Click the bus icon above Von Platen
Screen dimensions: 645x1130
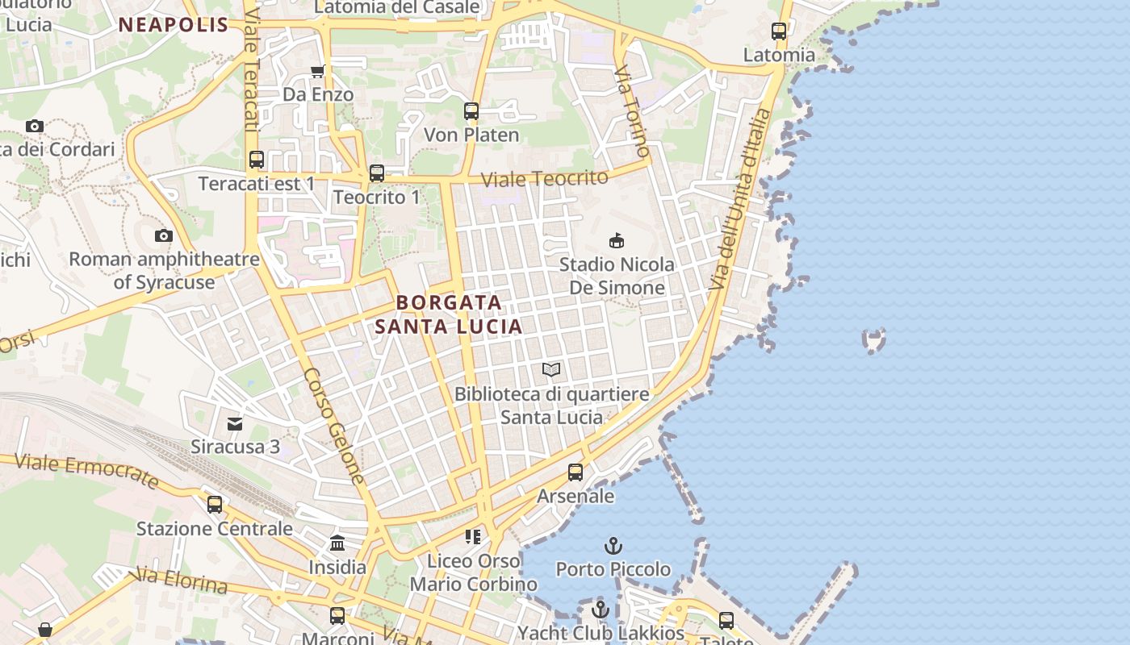471,111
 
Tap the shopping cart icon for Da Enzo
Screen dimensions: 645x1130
318,71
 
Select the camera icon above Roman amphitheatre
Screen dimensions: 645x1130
164,235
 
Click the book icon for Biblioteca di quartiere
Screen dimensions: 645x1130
551,369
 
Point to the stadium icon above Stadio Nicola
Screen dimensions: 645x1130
617,240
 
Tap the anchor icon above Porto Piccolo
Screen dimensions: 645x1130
613,546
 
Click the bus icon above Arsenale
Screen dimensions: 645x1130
575,472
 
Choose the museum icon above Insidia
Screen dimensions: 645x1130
337,543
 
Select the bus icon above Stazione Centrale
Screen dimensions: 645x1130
215,505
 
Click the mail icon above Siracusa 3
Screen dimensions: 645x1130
235,422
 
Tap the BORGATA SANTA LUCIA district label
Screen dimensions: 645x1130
449,314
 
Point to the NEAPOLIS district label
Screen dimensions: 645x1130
174,24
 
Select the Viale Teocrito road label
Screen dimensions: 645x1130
545,178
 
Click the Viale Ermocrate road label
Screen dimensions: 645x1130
87,470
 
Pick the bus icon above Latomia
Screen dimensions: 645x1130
779,31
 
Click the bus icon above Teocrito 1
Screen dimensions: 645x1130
377,173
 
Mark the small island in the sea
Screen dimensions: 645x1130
874,339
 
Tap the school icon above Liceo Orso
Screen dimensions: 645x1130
473,536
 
